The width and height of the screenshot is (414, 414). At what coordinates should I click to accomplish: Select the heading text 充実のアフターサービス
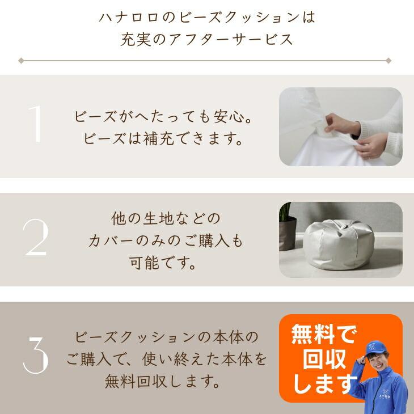[x=207, y=40]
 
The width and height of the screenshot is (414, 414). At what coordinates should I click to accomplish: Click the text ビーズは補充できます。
[x=163, y=139]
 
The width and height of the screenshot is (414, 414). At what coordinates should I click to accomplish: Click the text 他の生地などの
[x=165, y=218]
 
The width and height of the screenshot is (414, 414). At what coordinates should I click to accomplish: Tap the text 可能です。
[x=165, y=264]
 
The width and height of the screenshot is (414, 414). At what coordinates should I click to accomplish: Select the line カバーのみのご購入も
[x=165, y=241]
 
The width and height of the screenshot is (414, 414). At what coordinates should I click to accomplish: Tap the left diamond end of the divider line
[x=21, y=60]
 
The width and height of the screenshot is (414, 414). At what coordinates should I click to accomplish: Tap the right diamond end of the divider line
[x=388, y=60]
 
